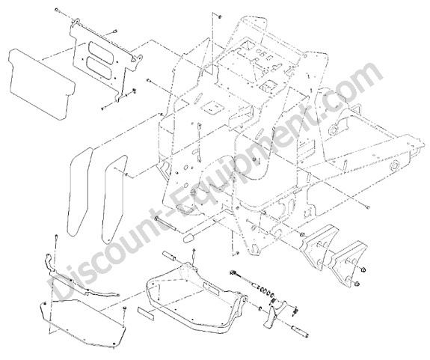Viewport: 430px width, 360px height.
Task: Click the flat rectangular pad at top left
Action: tap(41, 84)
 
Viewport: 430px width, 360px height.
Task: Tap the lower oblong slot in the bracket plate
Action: tap(99, 66)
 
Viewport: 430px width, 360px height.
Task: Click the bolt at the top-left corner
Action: tap(58, 10)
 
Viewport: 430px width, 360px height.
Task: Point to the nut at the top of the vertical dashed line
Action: tap(220, 17)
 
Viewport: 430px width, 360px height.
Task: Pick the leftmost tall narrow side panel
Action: tap(79, 192)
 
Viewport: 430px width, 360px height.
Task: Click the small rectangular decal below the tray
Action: tap(147, 314)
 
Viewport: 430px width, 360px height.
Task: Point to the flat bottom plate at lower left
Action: tap(82, 326)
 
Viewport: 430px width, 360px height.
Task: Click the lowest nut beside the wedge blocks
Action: tap(357, 284)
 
